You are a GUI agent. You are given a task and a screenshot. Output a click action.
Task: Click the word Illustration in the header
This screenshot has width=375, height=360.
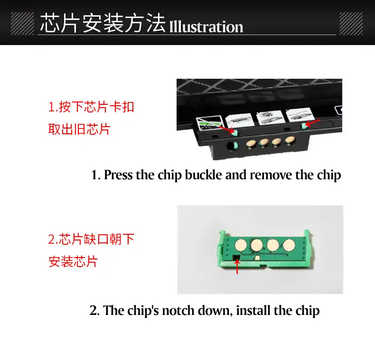tap(206, 27)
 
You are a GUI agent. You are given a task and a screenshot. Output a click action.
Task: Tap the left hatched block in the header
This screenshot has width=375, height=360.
tap(22, 24)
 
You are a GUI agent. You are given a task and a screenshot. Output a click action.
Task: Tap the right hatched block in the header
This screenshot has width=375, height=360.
tap(351, 24)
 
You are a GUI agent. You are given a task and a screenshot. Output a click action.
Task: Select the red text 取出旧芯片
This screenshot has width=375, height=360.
tap(79, 129)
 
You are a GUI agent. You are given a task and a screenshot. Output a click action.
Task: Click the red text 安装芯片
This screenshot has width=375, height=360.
tap(73, 261)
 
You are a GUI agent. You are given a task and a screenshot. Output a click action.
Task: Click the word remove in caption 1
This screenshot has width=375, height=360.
tap(271, 175)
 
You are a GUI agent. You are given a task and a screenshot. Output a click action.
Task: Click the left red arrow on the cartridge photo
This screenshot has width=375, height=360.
tap(226, 129)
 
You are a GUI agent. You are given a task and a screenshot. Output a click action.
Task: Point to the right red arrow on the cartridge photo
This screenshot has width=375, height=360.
tap(312, 123)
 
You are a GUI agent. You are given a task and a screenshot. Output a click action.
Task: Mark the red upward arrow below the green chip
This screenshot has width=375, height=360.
tap(237, 267)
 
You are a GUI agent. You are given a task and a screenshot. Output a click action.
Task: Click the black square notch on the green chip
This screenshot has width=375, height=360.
tap(236, 258)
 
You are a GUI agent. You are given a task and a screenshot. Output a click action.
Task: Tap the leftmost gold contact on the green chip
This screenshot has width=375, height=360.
tap(241, 245)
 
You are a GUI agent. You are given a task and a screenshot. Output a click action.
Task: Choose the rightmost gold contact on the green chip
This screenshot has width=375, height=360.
tap(289, 246)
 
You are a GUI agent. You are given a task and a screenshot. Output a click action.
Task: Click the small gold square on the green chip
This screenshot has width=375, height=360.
tap(258, 258)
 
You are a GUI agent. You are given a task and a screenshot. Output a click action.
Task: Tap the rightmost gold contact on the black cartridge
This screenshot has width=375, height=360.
tap(291, 140)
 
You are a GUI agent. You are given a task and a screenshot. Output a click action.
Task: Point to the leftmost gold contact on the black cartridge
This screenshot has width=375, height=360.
tap(251, 144)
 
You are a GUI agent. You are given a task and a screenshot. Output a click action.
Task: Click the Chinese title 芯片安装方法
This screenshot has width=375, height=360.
tap(103, 23)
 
